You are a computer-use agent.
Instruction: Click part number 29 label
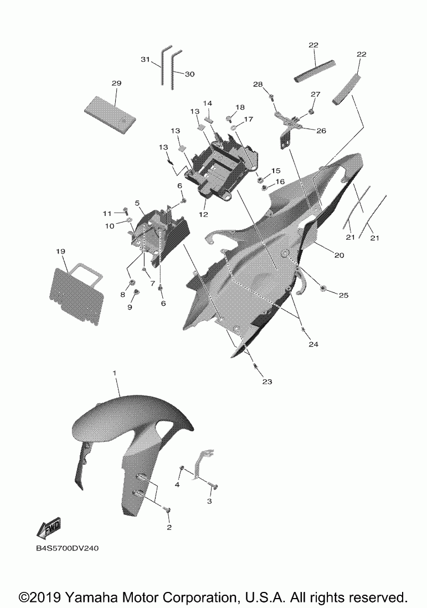(x=116, y=83)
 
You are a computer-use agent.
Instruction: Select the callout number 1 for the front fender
(x=115, y=373)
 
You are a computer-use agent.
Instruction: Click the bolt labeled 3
(x=213, y=485)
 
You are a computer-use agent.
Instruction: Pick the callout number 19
(x=60, y=251)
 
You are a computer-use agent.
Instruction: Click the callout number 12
(x=203, y=214)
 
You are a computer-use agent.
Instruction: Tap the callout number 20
(x=339, y=255)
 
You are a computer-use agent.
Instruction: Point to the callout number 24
(x=313, y=344)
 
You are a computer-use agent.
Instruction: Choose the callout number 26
(x=321, y=131)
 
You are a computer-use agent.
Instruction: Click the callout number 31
(x=145, y=59)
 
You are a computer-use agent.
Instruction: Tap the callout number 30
(x=189, y=74)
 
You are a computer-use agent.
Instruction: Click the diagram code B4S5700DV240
(x=68, y=548)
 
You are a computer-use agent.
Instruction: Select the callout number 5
(x=137, y=203)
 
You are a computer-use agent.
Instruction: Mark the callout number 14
(x=208, y=103)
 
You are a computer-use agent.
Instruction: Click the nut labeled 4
(x=181, y=470)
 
